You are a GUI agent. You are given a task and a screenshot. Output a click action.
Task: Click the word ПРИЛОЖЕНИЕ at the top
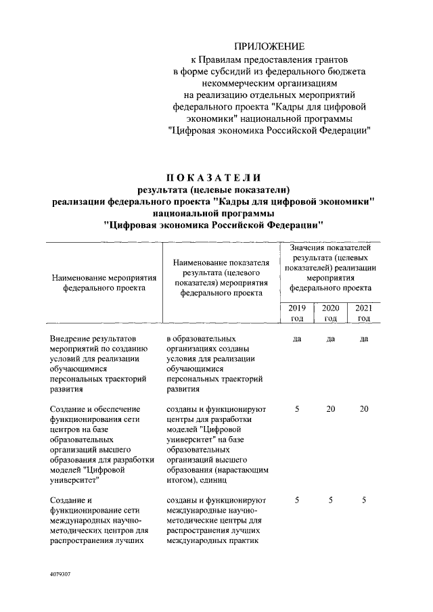[x=269, y=47]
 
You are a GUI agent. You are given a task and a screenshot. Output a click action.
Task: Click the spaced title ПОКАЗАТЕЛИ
[x=216, y=177]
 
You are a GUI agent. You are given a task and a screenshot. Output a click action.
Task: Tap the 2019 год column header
[x=297, y=313]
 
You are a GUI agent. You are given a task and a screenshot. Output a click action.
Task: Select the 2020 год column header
[x=331, y=313]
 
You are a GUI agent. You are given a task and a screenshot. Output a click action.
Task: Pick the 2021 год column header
[x=364, y=313]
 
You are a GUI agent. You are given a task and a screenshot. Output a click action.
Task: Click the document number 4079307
[x=61, y=573]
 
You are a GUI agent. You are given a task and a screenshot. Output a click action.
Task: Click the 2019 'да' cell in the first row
[x=297, y=338]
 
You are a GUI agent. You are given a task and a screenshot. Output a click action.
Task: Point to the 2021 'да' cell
[x=364, y=338]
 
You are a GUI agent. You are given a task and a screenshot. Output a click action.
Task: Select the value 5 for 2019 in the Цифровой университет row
[x=297, y=409]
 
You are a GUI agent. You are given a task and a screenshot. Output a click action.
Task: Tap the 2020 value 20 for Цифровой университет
[x=331, y=409]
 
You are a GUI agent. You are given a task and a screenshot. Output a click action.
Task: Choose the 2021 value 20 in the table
[x=364, y=409]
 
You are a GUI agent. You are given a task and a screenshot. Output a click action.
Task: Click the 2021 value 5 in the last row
[x=364, y=500]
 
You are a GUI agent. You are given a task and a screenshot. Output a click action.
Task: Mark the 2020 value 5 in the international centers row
[x=331, y=500]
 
